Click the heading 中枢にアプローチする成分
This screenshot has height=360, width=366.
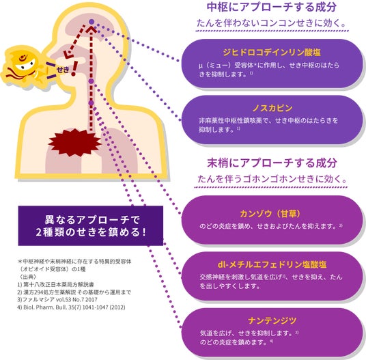click(x=272, y=7)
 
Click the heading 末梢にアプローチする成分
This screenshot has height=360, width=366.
click(x=272, y=163)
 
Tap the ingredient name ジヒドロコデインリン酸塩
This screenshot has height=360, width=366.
click(x=272, y=52)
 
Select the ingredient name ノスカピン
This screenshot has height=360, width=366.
click(x=272, y=108)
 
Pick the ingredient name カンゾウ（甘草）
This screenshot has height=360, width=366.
click(x=270, y=214)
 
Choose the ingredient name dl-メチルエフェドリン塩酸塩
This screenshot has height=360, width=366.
click(x=272, y=264)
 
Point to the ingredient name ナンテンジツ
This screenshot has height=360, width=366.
click(x=272, y=320)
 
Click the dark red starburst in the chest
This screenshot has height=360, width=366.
click(x=74, y=142)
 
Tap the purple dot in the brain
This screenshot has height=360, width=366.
click(x=91, y=22)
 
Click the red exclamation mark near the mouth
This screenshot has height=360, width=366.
click(x=74, y=68)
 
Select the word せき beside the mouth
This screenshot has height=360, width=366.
click(x=63, y=70)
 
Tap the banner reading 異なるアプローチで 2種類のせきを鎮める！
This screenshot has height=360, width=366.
click(x=91, y=225)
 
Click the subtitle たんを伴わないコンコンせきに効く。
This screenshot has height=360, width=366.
click(x=272, y=23)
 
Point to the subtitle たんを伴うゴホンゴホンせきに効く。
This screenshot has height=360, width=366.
click(x=272, y=179)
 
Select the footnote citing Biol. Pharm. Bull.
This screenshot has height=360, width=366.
click(x=71, y=307)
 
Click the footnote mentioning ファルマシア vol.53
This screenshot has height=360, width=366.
click(x=57, y=299)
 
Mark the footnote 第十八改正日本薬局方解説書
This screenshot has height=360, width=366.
click(x=56, y=284)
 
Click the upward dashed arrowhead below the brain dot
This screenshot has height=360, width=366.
click(x=91, y=30)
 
